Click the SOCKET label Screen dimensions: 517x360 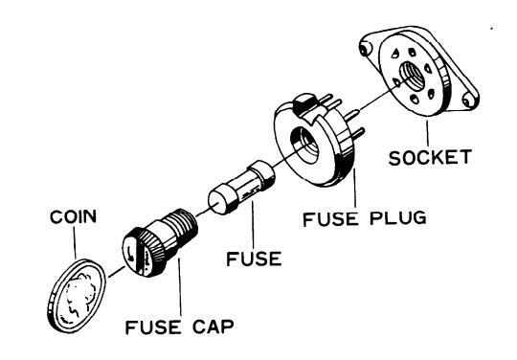click(430, 157)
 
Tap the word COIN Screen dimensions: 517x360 click(73, 216)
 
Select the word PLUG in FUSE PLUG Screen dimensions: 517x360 click(398, 218)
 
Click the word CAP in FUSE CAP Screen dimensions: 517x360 click(213, 326)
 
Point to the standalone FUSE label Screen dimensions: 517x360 click(254, 259)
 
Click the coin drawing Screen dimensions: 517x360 click(77, 296)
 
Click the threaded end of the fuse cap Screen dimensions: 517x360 click(181, 224)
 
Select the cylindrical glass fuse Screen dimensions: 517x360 click(241, 188)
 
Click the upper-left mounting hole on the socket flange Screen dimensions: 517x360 click(365, 50)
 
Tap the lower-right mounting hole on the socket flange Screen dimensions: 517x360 click(468, 100)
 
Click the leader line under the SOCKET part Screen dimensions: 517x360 click(428, 133)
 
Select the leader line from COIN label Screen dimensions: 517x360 click(75, 242)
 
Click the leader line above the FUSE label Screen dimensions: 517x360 click(253, 225)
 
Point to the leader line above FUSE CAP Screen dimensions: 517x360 click(180, 287)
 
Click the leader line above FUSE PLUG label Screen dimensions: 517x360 click(355, 188)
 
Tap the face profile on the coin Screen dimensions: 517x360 click(79, 297)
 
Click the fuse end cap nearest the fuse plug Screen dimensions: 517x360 click(262, 172)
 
